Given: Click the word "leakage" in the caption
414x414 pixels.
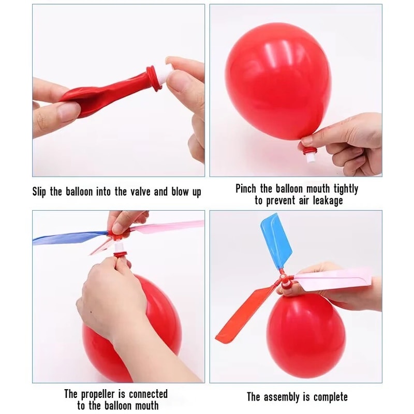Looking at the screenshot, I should [325, 201].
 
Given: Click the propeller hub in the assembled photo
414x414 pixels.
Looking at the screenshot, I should [285, 279].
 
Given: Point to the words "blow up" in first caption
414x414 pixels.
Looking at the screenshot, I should [186, 192].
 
